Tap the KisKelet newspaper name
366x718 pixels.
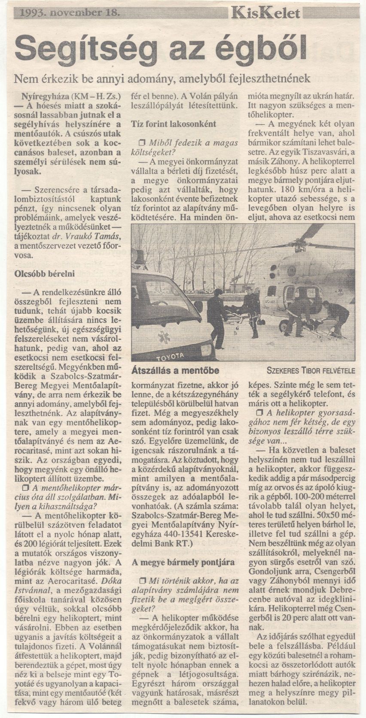coord(266,13)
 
